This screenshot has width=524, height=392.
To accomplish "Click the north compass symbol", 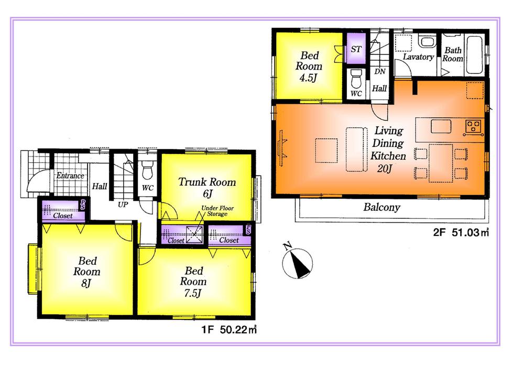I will pyautogui.click(x=297, y=263).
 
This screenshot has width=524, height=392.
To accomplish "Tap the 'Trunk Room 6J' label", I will pyautogui.click(x=207, y=188).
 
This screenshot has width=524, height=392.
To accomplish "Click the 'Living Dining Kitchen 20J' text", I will pyautogui.click(x=387, y=150).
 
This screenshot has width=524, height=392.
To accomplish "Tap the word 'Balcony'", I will pyautogui.click(x=381, y=207).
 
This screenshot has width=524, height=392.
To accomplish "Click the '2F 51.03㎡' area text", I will pyautogui.click(x=461, y=234).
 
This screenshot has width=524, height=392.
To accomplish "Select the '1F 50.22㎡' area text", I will pyautogui.click(x=228, y=330).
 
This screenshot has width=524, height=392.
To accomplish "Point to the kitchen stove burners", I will pyautogui.click(x=474, y=126).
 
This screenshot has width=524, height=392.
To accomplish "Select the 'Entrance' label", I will pyautogui.click(x=70, y=176).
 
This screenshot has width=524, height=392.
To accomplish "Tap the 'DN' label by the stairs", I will pyautogui.click(x=380, y=72).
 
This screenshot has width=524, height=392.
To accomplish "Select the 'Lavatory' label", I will pyautogui.click(x=418, y=57).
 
